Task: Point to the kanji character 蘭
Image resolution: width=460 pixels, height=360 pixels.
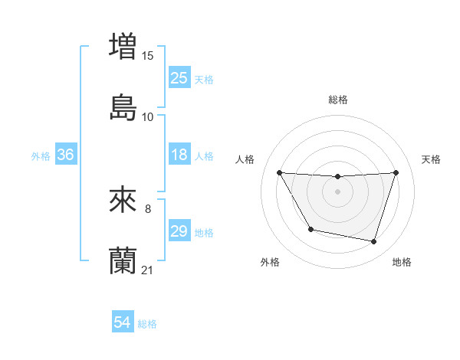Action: coord(123,260)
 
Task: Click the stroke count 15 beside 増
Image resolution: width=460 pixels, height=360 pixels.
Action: coord(148,56)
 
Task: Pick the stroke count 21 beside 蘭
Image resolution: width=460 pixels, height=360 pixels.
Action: coord(148,270)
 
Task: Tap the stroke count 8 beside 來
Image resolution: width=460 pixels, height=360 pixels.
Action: coord(147,208)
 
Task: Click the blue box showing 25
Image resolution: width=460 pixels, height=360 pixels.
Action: coord(179,78)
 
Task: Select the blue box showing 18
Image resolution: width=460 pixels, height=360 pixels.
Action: coord(179,155)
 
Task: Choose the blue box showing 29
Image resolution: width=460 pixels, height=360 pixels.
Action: coord(179,231)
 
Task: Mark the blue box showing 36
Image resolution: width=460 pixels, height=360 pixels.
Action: coord(66,155)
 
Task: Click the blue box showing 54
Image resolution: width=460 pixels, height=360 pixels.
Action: coord(123,323)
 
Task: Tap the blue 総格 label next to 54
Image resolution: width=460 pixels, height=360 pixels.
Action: coord(147,324)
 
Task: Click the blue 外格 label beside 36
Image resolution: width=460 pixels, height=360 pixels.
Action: coord(41,155)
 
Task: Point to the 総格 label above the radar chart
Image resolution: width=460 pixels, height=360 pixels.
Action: coord(338,100)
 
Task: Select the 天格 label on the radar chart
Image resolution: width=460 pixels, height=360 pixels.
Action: coord(431,159)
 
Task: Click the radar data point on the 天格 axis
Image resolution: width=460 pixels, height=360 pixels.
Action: coord(396,172)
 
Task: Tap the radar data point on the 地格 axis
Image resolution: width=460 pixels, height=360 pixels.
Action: coord(373,242)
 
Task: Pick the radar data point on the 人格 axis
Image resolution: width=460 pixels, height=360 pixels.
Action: coord(280,172)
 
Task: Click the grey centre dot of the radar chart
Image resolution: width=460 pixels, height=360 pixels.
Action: coord(338,191)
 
